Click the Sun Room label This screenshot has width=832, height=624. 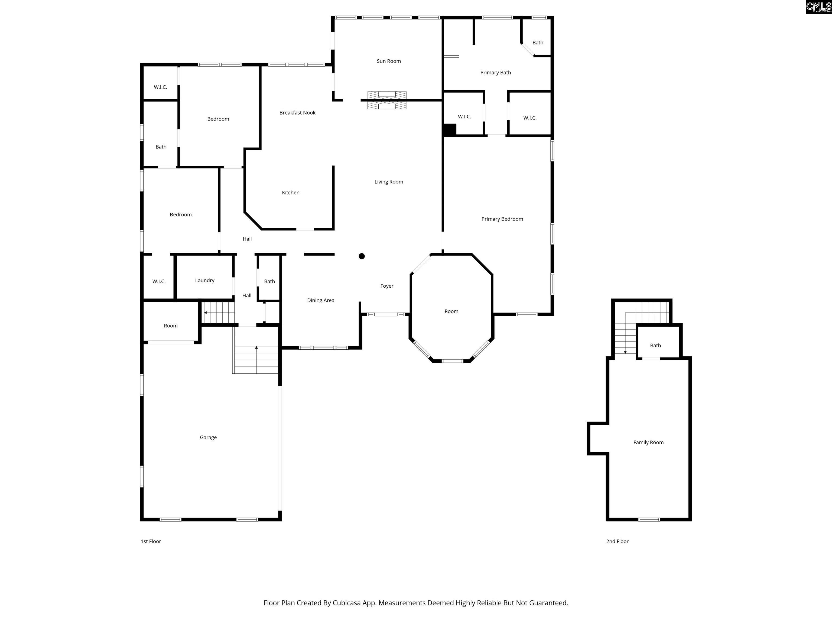(x=389, y=61)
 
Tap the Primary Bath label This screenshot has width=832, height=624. (x=495, y=73)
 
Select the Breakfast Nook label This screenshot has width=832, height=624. (x=297, y=112)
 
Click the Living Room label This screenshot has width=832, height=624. (x=389, y=182)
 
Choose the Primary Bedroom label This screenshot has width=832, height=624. (x=502, y=219)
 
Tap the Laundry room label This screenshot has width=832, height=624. (x=205, y=280)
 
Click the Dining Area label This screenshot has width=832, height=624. (x=320, y=300)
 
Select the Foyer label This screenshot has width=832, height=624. (x=387, y=286)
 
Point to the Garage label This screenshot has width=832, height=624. (x=208, y=437)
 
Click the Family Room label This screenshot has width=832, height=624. (x=648, y=442)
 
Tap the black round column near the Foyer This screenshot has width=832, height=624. (x=362, y=256)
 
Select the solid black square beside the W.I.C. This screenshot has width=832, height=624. (x=450, y=130)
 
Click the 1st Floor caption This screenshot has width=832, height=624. (x=151, y=541)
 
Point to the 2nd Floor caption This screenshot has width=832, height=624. (x=617, y=541)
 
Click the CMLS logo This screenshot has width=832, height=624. (x=818, y=7)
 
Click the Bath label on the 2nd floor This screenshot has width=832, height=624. (x=655, y=345)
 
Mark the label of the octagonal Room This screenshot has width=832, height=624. (x=451, y=311)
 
